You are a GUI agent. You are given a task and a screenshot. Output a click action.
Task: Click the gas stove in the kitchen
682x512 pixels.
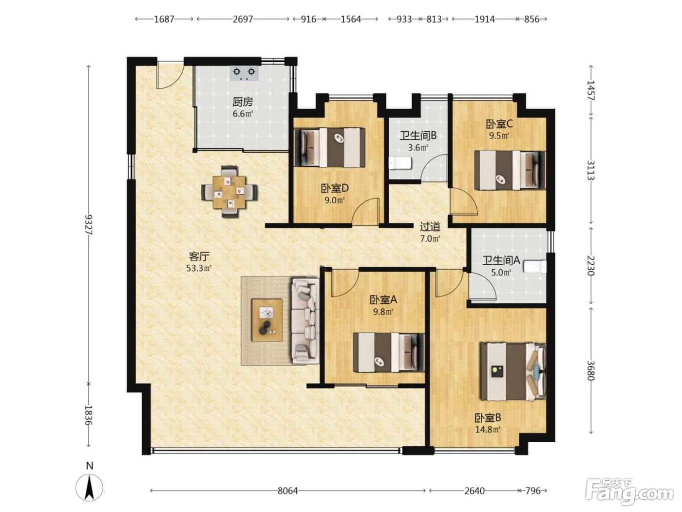click(x=244, y=73)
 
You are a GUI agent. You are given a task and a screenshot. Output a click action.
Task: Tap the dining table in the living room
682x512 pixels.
click(x=229, y=192)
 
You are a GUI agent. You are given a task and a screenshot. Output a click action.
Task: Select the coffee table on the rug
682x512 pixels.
click(x=267, y=320)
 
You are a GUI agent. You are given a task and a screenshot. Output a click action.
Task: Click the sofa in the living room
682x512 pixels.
click(x=305, y=321)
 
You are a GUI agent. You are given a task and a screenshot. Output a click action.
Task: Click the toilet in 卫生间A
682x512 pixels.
click(x=535, y=267)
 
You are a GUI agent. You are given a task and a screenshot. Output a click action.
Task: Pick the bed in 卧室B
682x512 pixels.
click(x=512, y=372)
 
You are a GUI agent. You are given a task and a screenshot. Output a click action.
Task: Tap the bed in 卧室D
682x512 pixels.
click(x=329, y=147)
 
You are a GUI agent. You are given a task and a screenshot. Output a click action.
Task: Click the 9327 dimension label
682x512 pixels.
click(x=89, y=224)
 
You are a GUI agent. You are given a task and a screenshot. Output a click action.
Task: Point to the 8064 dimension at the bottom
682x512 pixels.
click(x=287, y=491)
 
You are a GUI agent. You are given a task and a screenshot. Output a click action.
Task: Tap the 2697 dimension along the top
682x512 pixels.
click(x=243, y=20)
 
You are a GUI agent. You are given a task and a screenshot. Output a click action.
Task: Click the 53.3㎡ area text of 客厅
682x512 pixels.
click(x=199, y=268)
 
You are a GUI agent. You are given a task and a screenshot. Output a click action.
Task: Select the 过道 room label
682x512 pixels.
click(x=430, y=227)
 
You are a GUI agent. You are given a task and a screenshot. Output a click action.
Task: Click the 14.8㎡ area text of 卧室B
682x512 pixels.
click(x=488, y=430)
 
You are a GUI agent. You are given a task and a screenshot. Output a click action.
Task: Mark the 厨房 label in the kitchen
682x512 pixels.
click(x=243, y=101)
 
